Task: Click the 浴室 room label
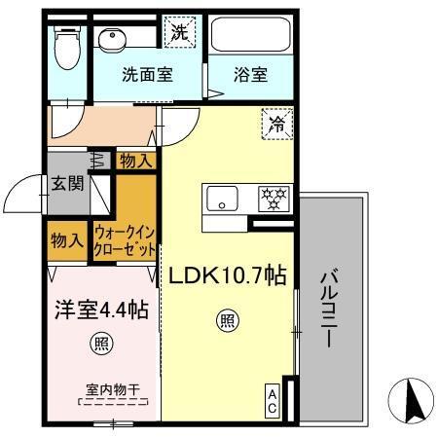250,74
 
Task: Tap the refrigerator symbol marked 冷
276,124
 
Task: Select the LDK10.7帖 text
227,276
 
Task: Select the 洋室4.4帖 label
100,311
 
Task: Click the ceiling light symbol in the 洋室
100,343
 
